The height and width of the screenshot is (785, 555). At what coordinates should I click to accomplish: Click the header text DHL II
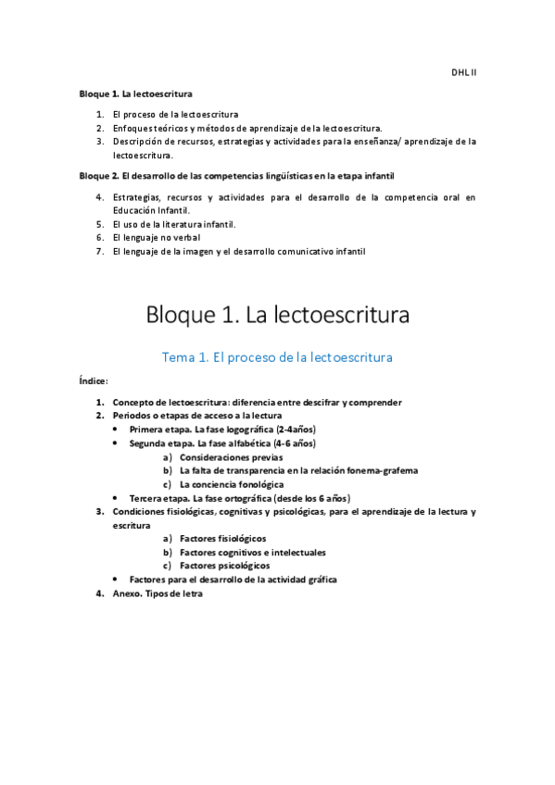pos(463,71)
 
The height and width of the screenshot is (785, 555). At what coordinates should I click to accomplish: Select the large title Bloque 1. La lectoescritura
pos(278,316)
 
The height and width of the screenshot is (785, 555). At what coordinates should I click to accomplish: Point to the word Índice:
pos(94,380)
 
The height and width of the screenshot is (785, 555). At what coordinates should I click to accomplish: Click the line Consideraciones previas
pos(231,457)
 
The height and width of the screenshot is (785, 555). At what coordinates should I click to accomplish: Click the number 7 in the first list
pos(99,251)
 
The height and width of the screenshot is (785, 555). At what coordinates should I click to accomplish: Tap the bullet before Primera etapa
pos(114,430)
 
